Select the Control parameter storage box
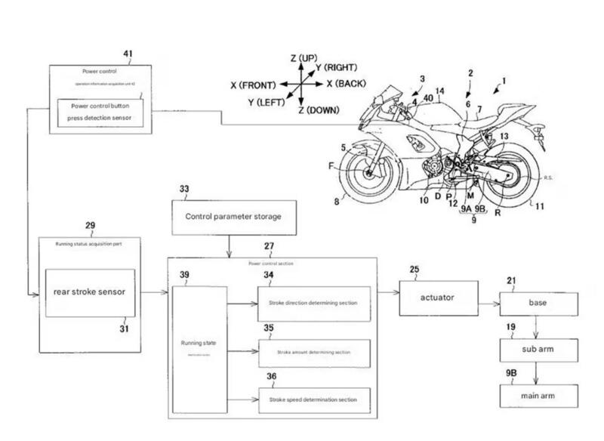coord(233,217)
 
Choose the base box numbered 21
coord(538,303)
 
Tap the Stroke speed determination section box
coord(316,399)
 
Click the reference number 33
coord(184,188)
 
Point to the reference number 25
coord(414,270)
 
